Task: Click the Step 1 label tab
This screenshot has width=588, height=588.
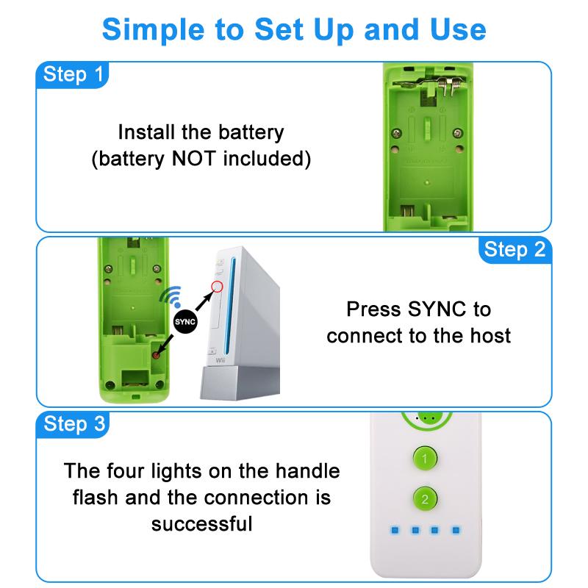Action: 73,74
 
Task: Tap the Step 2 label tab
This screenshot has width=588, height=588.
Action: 514,250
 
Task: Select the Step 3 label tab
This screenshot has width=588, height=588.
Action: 73,424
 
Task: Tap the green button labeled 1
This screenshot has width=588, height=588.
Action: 424,459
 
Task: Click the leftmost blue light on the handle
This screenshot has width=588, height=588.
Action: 394,529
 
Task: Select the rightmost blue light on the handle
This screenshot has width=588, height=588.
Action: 456,529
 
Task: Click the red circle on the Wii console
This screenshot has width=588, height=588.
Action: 217,285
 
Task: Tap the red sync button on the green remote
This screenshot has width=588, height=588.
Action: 157,354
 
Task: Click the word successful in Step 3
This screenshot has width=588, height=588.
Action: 202,523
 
